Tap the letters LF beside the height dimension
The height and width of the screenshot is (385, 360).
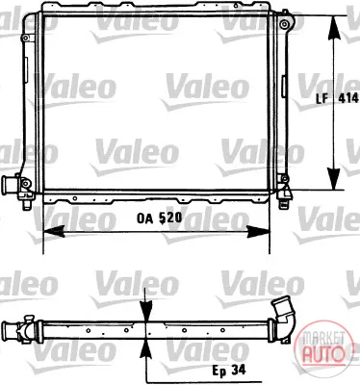pyautogui.click(x=322, y=98)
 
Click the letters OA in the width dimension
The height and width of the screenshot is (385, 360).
pyautogui.click(x=144, y=218)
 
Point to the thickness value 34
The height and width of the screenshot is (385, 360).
pyautogui.click(x=239, y=371)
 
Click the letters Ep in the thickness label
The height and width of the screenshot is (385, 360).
pyautogui.click(x=219, y=372)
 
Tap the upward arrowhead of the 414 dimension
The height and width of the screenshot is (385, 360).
pyautogui.click(x=334, y=27)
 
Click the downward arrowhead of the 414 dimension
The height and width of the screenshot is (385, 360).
pyautogui.click(x=334, y=178)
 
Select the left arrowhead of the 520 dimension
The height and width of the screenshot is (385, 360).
pyautogui.click(x=54, y=231)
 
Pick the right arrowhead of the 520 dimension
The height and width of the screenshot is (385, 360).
pyautogui.click(x=258, y=231)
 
